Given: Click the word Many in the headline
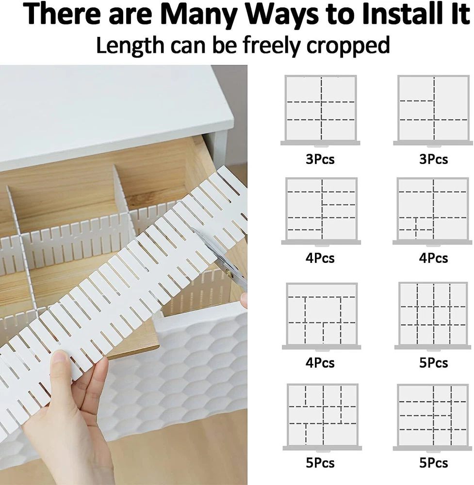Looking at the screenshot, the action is [199, 14].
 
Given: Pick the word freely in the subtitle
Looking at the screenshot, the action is [272, 46].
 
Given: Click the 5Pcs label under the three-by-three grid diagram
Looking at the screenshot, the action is [433, 363].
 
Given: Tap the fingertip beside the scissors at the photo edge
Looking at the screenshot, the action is [244, 300].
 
